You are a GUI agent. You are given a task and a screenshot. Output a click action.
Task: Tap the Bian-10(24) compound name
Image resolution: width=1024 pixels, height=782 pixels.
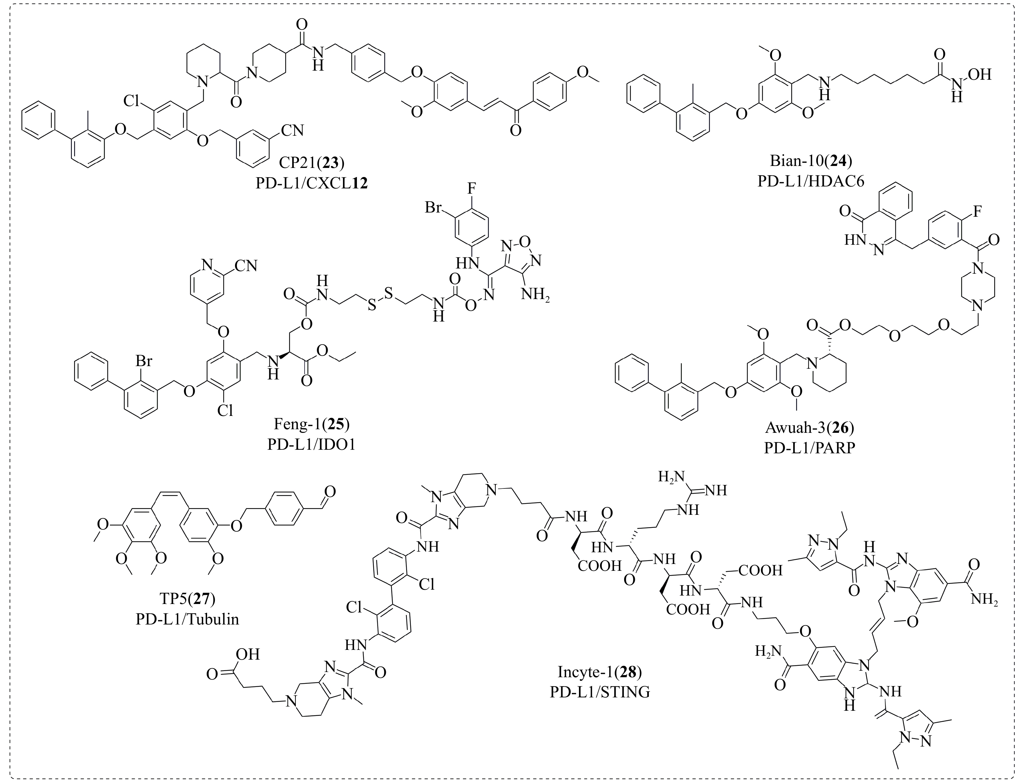point(810,160)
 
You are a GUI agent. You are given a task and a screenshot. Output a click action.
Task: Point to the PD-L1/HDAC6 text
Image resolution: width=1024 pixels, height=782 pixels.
point(810,181)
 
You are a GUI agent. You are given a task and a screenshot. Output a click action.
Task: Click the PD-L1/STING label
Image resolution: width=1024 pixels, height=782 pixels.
point(599,692)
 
